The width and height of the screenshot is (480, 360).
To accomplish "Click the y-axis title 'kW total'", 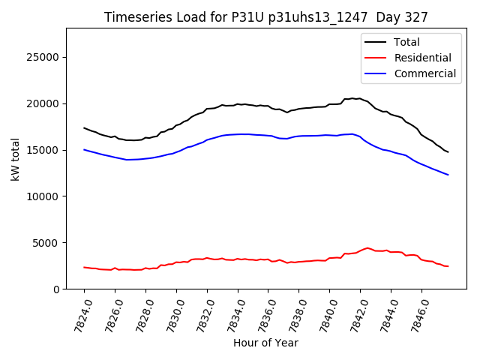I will (16, 158).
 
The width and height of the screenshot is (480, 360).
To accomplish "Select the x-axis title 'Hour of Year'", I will (265, 343).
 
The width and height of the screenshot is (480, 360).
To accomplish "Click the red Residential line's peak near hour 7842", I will (367, 247).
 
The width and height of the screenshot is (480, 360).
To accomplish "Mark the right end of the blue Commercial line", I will (448, 175).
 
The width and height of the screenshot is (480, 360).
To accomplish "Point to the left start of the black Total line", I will (84, 127).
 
